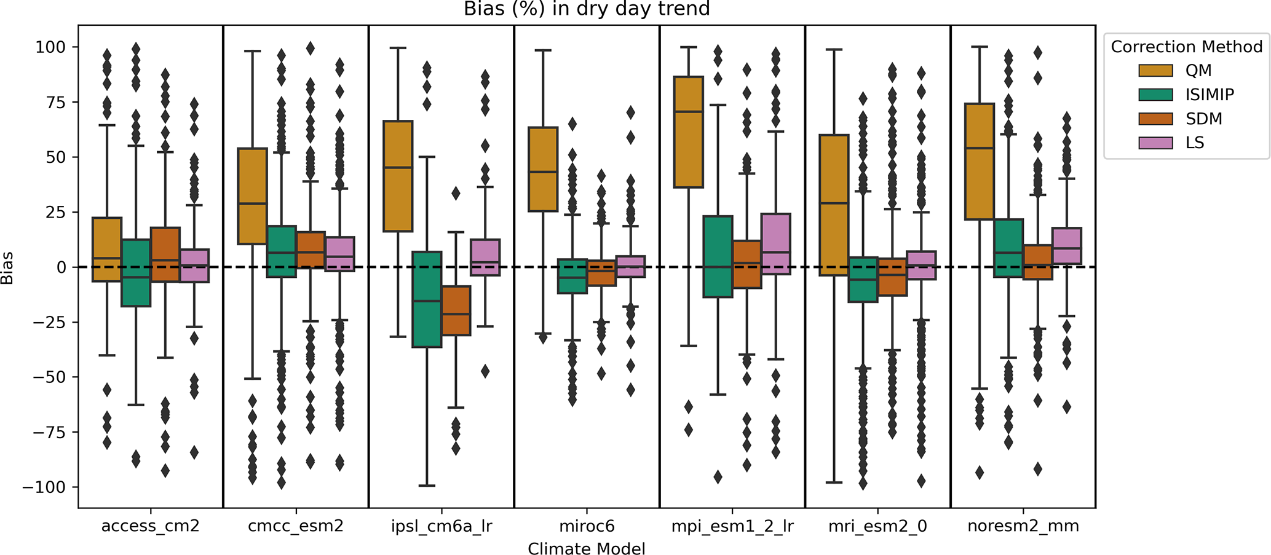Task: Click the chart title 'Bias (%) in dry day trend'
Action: point(587,9)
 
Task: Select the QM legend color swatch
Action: point(1155,71)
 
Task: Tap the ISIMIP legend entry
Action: point(1209,95)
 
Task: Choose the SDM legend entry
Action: point(1203,119)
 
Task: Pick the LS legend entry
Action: point(1195,143)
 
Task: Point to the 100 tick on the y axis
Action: point(50,47)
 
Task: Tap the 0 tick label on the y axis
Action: point(61,267)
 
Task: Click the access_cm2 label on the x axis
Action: point(151,526)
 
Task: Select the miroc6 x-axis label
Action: point(587,526)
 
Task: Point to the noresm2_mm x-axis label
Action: point(1023,526)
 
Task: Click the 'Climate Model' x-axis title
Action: point(587,548)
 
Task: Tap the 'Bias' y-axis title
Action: point(7,267)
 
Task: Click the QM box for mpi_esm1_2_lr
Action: point(689,132)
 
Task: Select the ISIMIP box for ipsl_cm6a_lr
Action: point(427,299)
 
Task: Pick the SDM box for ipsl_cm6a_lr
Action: point(456,310)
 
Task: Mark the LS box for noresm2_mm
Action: point(1066,246)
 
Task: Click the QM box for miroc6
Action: point(543,169)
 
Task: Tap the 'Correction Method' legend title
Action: point(1186,47)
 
